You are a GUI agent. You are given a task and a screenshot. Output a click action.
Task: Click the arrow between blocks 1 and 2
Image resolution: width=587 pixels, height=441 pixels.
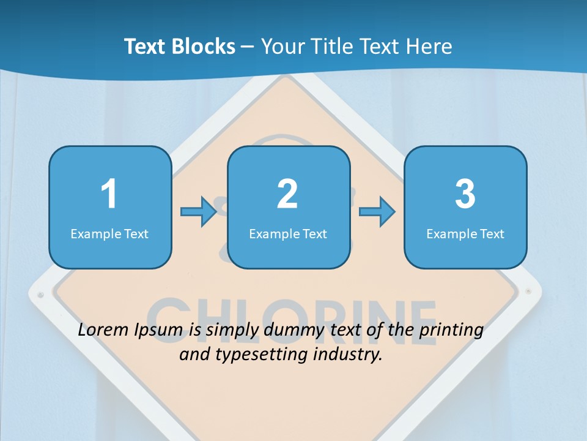pos(199,212)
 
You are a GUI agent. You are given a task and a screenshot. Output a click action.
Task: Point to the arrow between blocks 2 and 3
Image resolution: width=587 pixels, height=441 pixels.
pos(377,212)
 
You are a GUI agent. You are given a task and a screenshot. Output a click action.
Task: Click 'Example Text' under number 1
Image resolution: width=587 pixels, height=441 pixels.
pos(109,233)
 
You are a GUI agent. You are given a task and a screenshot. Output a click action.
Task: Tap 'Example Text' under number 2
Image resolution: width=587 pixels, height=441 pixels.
pos(288,233)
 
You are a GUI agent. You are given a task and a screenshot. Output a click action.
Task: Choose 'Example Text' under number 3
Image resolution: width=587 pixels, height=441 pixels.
pos(465,233)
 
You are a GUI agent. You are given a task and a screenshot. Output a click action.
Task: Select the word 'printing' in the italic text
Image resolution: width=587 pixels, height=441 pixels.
pos(453,330)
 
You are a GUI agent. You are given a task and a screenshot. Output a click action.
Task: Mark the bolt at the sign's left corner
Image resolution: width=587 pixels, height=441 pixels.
pos(41,295)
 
